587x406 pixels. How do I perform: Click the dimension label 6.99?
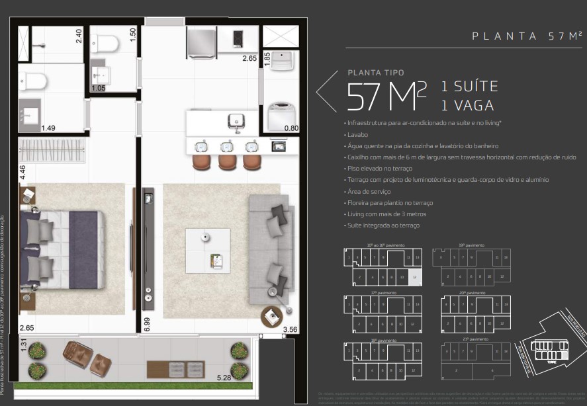click(x=147, y=324)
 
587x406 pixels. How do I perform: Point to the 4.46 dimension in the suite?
click(x=23, y=173)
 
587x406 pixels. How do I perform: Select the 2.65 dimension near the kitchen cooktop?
click(x=249, y=58)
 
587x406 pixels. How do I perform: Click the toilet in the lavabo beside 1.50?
click(x=106, y=44)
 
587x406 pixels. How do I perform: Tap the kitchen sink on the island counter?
click(x=235, y=121)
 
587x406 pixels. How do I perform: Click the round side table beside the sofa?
click(x=271, y=316)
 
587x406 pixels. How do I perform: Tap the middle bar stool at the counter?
click(x=227, y=161)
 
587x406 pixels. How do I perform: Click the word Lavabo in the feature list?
click(x=357, y=134)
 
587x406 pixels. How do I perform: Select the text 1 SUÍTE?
click(x=469, y=87)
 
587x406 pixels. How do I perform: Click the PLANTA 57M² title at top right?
click(x=527, y=36)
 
